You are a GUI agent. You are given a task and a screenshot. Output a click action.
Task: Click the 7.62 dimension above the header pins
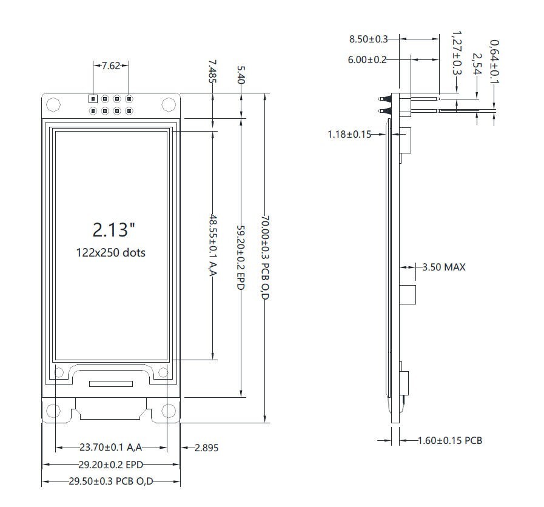(111, 66)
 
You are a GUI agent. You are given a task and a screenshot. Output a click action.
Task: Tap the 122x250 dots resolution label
(111, 252)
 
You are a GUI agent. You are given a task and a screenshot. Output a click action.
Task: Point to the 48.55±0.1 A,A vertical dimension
(213, 244)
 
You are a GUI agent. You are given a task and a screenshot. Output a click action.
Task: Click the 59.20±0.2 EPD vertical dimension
(241, 257)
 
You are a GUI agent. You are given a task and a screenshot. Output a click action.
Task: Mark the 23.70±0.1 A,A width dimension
(110, 448)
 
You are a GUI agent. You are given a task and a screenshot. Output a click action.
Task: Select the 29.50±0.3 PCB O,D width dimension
(110, 482)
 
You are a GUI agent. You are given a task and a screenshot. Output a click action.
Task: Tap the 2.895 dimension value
(206, 448)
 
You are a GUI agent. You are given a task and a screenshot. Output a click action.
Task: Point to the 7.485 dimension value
(212, 71)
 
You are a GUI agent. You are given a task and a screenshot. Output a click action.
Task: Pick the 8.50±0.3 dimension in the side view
(368, 39)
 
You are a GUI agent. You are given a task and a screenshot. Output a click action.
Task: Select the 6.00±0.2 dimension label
(368, 59)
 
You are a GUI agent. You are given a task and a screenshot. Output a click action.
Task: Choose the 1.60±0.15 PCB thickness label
(449, 440)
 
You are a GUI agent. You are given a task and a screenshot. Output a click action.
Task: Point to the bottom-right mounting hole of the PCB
(169, 412)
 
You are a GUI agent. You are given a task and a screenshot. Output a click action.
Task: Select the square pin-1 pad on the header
(93, 98)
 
